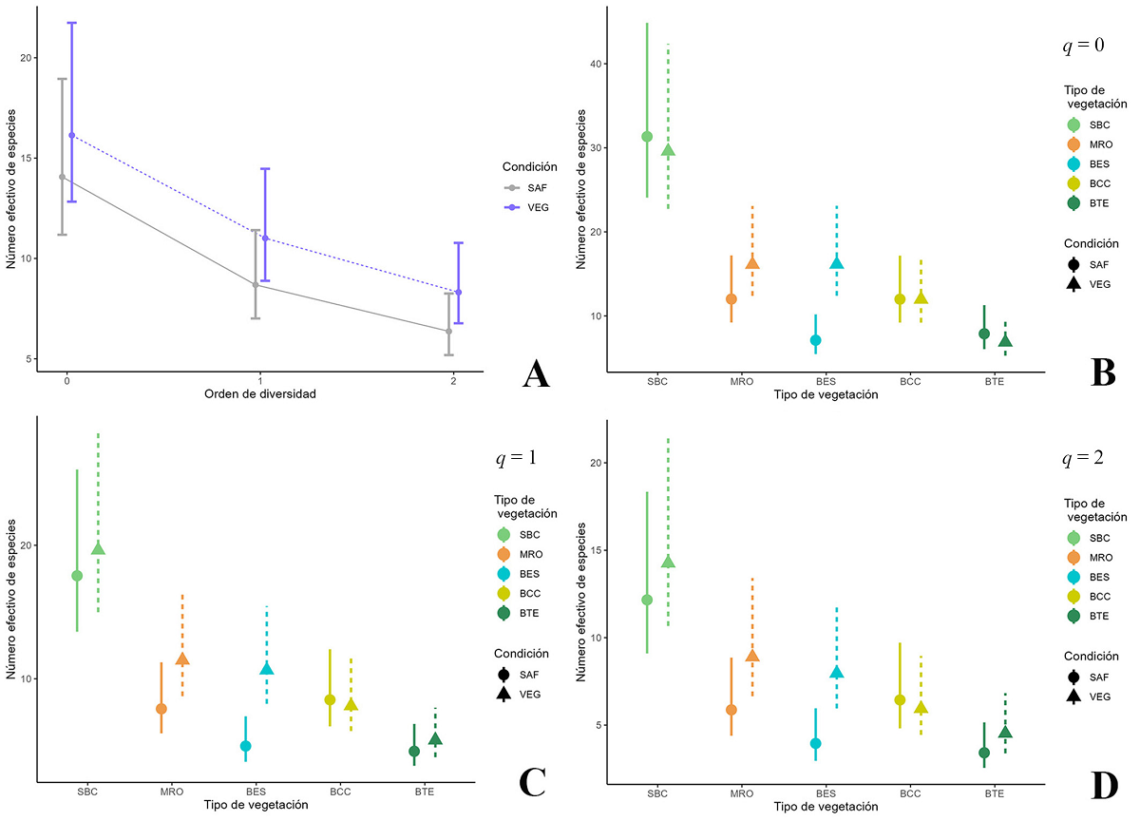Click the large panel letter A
point(537,376)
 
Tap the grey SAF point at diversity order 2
point(448,332)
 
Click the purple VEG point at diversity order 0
point(72,136)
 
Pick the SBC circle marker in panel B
point(647,137)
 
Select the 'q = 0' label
point(1082,45)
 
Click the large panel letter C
point(532,781)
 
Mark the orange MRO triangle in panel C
point(182,659)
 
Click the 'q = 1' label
point(516,458)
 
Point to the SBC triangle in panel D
point(668,562)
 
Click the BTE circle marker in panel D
point(984,753)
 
